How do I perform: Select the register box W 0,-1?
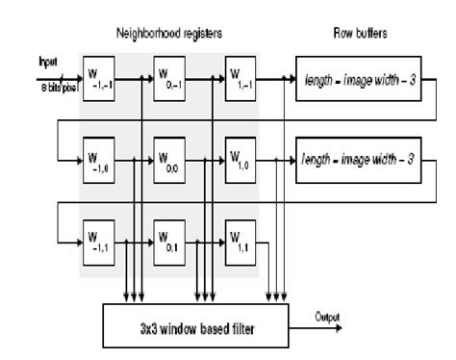tap(172, 76)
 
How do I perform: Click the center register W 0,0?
tap(172, 156)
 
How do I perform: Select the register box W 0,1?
tap(172, 236)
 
